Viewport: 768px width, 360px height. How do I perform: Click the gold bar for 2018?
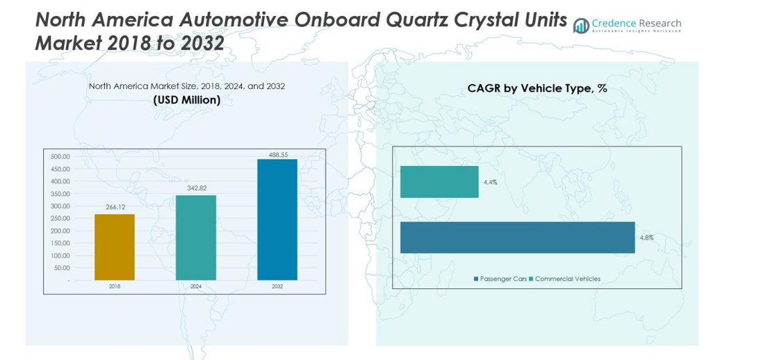pyautogui.click(x=115, y=247)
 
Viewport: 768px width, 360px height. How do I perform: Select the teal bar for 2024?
pyautogui.click(x=196, y=238)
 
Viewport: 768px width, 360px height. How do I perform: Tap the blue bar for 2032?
pyautogui.click(x=277, y=220)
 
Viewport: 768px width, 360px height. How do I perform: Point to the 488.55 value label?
pyautogui.click(x=278, y=155)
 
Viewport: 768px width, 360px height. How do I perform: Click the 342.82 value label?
pyautogui.click(x=196, y=188)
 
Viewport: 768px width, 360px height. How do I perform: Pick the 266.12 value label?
pyautogui.click(x=115, y=207)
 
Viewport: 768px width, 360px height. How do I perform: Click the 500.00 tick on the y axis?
pyautogui.click(x=60, y=157)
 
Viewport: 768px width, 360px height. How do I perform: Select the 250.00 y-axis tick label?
pyautogui.click(x=60, y=218)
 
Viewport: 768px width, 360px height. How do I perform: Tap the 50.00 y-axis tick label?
pyautogui.click(x=61, y=268)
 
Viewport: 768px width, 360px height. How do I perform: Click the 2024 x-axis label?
pyautogui.click(x=196, y=286)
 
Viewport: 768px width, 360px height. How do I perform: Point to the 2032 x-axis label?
pyautogui.click(x=277, y=286)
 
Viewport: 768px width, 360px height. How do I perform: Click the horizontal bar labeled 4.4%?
pyautogui.click(x=439, y=182)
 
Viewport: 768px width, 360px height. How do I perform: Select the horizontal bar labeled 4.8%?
pyautogui.click(x=517, y=238)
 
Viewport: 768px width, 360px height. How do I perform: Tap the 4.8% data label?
pyautogui.click(x=646, y=238)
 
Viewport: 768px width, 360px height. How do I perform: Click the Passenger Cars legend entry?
pyautogui.click(x=500, y=279)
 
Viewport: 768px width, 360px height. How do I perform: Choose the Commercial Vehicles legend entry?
pyautogui.click(x=564, y=279)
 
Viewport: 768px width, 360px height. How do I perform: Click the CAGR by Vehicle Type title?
pyautogui.click(x=537, y=89)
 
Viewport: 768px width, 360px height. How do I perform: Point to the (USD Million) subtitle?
pyautogui.click(x=186, y=100)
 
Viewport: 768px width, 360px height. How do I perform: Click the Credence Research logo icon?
pyautogui.click(x=581, y=26)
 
